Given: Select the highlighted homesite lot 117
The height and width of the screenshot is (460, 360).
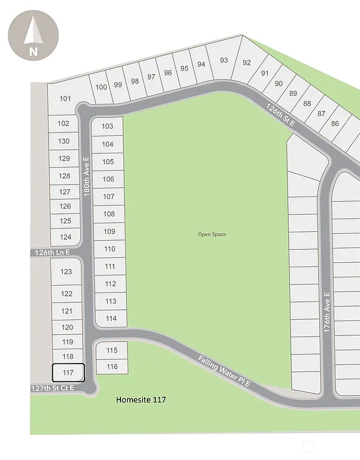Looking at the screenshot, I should pos(68,373).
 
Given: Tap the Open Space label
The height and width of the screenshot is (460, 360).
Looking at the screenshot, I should pos(212,234).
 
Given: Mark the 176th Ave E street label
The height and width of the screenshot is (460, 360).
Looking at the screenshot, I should pos(326,316).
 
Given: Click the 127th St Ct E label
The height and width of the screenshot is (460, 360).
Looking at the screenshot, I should pos(52,388).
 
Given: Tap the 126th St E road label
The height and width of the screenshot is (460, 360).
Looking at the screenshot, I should pos(282,114).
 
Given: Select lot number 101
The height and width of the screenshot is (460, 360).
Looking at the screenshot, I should pos(65,99).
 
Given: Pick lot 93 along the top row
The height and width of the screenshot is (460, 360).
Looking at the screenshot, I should pos(224,60).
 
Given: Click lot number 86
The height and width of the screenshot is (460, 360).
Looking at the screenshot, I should pos(334,123).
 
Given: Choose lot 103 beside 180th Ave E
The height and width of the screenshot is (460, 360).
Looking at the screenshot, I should pos(107,126).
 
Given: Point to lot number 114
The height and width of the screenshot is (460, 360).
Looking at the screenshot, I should pos(111,319).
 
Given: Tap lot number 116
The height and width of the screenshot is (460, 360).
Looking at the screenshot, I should pos(112,367).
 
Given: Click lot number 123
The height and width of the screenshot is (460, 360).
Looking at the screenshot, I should pos(66,271).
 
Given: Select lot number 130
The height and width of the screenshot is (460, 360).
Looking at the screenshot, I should pos(64,141).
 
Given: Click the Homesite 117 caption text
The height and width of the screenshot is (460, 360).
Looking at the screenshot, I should pos(141,400).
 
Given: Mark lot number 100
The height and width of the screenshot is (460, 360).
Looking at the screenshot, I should pos(101,87).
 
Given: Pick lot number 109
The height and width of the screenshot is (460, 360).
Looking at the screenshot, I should pos(109,231).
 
